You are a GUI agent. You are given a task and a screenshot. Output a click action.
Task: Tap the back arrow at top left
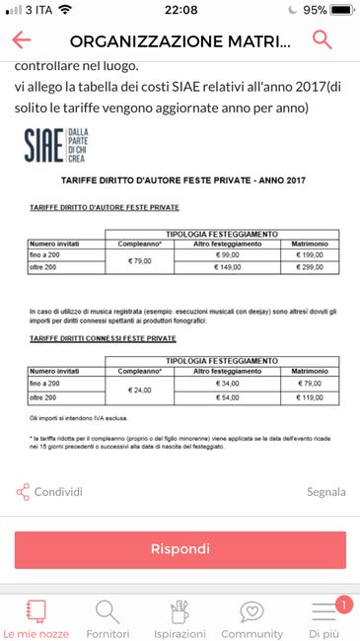21,39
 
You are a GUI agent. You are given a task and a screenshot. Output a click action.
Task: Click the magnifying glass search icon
322,39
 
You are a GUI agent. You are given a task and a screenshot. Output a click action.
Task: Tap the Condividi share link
49,491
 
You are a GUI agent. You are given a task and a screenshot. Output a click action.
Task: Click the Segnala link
325,491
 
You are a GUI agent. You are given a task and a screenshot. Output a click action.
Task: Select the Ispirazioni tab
179,618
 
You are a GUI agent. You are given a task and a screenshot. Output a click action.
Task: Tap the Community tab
252,618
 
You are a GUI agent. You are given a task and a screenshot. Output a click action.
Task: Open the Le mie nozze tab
36,618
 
